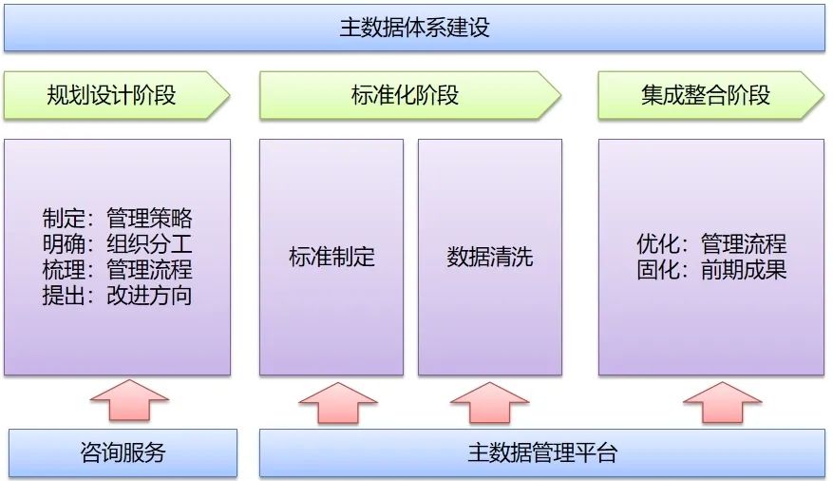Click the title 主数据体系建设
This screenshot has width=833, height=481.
pyautogui.click(x=414, y=27)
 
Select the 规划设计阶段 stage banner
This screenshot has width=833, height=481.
pyautogui.click(x=111, y=95)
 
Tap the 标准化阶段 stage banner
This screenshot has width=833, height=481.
pyautogui.click(x=405, y=95)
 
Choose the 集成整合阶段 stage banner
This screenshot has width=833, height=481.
pyautogui.click(x=705, y=95)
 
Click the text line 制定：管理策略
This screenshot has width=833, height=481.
pyautogui.click(x=117, y=219)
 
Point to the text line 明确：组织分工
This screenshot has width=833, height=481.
pyautogui.click(x=117, y=244)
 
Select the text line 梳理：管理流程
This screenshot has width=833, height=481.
pyautogui.click(x=117, y=269)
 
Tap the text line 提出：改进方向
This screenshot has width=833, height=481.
pyautogui.click(x=117, y=295)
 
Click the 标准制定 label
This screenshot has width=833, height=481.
pyautogui.click(x=331, y=257)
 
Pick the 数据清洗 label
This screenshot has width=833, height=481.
pyautogui.click(x=490, y=257)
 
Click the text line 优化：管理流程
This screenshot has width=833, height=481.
pyautogui.click(x=711, y=244)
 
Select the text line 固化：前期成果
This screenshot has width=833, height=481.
pyautogui.click(x=711, y=269)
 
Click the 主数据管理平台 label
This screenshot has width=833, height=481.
pyautogui.click(x=542, y=452)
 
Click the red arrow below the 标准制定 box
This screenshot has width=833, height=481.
pyautogui.click(x=338, y=403)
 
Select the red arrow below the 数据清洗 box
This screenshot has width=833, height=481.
pyautogui.click(x=489, y=403)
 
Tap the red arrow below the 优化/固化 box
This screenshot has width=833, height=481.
pyautogui.click(x=722, y=403)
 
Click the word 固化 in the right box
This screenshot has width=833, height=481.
pyautogui.click(x=656, y=269)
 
